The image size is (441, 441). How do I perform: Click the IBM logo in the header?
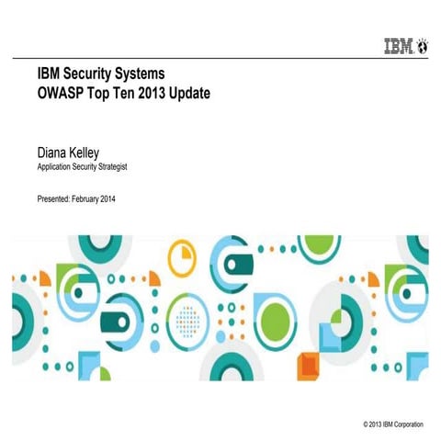tap(398, 43)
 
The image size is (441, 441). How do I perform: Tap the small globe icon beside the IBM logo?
tap(423, 43)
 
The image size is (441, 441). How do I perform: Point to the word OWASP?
tap(62, 93)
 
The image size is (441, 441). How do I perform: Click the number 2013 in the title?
tap(157, 93)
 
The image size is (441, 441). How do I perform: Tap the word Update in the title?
tap(201, 93)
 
